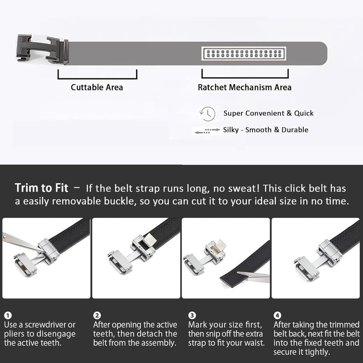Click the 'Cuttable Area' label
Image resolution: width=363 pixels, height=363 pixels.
[97, 87]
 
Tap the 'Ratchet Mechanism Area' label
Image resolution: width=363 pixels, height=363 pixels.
[244, 87]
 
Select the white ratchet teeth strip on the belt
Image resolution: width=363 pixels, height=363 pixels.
[243, 53]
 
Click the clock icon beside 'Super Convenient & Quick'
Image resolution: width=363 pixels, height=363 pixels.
[207, 114]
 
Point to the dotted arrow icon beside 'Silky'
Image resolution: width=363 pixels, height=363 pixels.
[206, 131]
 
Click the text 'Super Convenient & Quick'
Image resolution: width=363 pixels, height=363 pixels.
[268, 113]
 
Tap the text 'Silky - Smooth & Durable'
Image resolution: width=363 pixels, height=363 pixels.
[265, 130]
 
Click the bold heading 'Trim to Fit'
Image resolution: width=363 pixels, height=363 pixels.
[42, 188]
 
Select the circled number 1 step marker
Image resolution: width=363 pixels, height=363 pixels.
[8, 315]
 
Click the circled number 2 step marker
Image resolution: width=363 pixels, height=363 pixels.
[97, 315]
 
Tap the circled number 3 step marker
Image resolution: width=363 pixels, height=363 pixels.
[192, 315]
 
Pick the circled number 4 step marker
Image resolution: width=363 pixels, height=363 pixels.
[277, 315]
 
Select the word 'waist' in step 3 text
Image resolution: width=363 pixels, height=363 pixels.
[253, 343]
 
